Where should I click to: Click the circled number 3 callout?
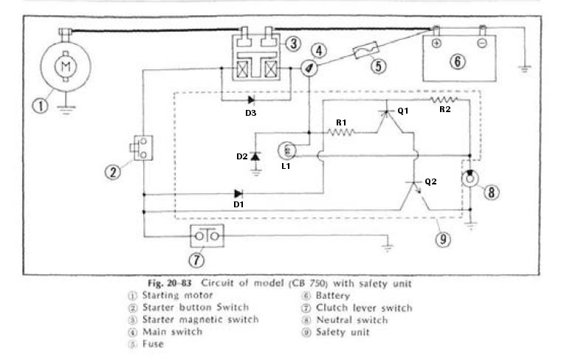tap(293, 44)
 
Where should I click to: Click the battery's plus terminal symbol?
tap(436, 44)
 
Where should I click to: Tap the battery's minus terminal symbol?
tap(481, 44)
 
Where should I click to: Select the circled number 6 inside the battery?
tap(458, 61)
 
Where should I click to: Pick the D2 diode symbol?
tap(255, 156)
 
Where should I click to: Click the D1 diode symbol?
tap(237, 195)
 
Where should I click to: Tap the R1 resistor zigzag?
tap(341, 133)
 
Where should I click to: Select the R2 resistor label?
tap(445, 110)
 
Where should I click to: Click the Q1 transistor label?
tap(402, 111)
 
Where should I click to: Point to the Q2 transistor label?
tap(431, 180)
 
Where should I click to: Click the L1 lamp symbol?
tap(287, 151)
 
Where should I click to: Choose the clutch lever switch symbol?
tap(207, 236)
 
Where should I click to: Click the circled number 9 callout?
tap(442, 238)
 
